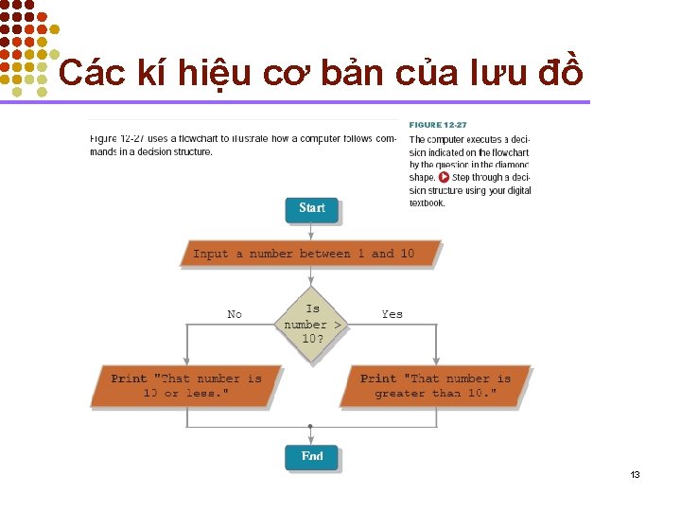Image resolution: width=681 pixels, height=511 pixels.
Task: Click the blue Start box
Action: click(311, 209)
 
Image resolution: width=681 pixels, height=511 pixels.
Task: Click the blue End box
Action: click(311, 457)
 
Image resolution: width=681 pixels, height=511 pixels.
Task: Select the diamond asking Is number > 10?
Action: click(312, 324)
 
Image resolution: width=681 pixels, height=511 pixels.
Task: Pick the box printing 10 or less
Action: click(185, 386)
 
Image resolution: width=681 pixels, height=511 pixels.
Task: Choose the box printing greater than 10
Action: click(435, 386)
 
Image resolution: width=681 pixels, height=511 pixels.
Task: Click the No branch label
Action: click(235, 314)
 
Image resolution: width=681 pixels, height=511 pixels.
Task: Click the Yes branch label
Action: click(392, 314)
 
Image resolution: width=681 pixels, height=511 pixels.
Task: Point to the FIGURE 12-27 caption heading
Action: click(437, 125)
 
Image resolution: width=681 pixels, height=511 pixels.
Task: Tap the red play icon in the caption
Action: click(444, 177)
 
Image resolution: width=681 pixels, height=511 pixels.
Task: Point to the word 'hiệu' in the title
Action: click(218, 72)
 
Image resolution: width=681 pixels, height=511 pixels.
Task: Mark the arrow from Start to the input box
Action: click(311, 231)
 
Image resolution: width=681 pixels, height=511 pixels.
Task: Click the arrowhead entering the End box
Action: click(311, 440)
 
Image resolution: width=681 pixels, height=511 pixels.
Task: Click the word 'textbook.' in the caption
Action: click(427, 203)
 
